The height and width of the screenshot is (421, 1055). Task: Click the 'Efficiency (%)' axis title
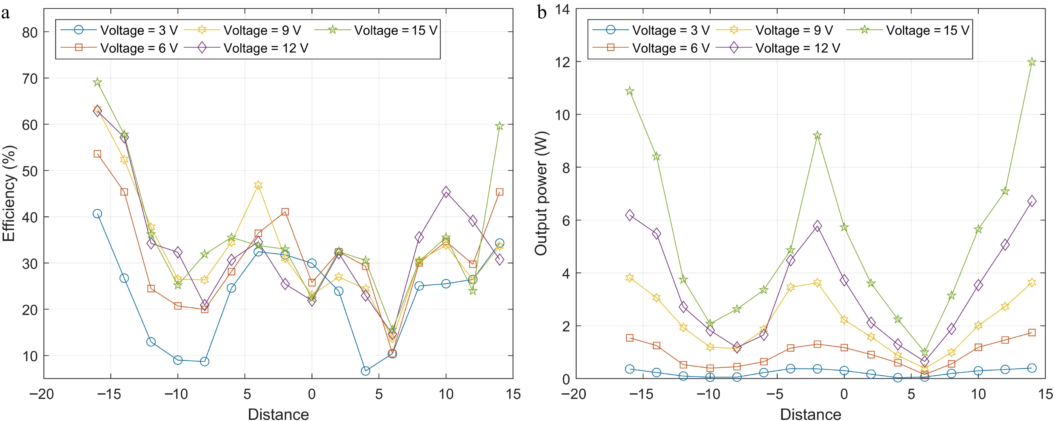click(x=9, y=194)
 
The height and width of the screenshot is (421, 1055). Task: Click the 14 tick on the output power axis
click(x=562, y=9)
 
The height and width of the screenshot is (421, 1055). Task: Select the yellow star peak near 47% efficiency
click(x=258, y=185)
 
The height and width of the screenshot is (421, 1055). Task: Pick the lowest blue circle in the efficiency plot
click(x=365, y=371)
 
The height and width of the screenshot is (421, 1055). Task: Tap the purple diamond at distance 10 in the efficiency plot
click(x=446, y=192)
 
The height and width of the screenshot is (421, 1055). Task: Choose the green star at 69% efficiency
click(x=97, y=82)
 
